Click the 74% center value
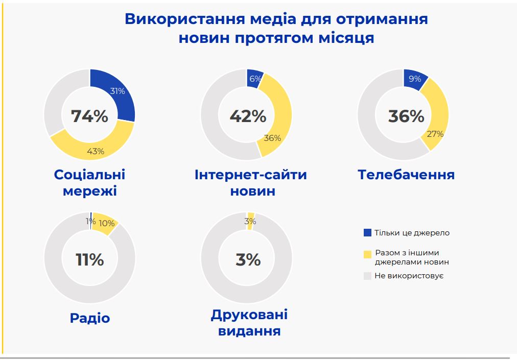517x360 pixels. (89, 116)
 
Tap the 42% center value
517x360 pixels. (248, 116)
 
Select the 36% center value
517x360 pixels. (406, 116)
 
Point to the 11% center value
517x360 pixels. (89, 260)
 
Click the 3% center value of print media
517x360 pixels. (248, 260)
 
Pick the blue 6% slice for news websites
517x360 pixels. (254, 78)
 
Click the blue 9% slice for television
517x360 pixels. (414, 79)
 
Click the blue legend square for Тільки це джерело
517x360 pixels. (367, 233)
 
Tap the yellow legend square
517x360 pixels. (367, 254)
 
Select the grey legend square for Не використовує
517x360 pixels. (367, 276)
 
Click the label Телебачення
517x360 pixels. (406, 175)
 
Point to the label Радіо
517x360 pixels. (90, 318)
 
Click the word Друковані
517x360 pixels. (249, 315)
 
